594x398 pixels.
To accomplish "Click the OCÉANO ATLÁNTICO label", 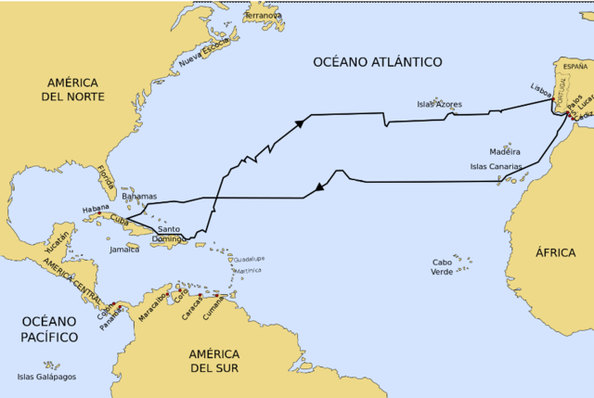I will click(x=377, y=61).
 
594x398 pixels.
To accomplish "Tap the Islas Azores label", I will click(x=439, y=104).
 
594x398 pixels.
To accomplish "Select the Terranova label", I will click(x=263, y=16).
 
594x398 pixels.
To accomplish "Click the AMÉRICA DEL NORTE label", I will click(x=72, y=90).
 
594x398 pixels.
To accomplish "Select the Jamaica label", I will click(x=124, y=250).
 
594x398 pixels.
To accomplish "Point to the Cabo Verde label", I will click(x=442, y=267).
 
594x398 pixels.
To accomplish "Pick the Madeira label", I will click(x=505, y=151).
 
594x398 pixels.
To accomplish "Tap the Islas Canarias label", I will click(x=497, y=167).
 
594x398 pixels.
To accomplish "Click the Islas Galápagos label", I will click(x=46, y=377).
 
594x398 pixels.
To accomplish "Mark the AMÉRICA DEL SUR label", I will click(x=214, y=362).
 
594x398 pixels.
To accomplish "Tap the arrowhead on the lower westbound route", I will click(x=319, y=186).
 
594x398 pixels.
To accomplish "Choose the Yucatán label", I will click(x=58, y=243).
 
